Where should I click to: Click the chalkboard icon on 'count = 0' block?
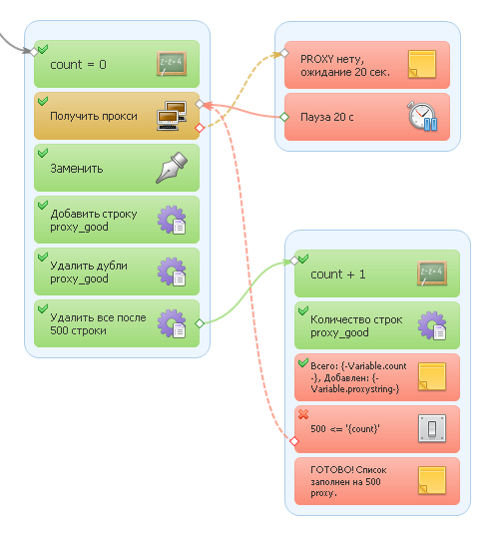(172, 64)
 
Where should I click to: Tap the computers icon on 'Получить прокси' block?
(172, 116)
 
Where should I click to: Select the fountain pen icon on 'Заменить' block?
(172, 168)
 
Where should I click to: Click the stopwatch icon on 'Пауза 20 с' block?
(422, 116)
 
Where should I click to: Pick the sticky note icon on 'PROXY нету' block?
(422, 64)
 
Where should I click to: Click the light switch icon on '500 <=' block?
(432, 428)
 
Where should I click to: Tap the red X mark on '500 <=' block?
(303, 414)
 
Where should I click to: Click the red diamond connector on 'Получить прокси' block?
(200, 128)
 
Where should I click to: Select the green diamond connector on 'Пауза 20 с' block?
(284, 117)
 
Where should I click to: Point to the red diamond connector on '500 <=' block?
(294, 441)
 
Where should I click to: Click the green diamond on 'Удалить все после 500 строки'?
(200, 323)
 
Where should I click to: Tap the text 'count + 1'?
(337, 274)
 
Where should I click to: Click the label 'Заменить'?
(77, 169)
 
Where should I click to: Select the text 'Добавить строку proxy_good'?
(94, 220)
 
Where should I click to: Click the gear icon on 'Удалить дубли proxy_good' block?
(172, 272)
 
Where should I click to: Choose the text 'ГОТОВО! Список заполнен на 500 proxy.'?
(348, 481)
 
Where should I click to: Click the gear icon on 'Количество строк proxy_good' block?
(432, 325)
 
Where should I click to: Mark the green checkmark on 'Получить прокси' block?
(43, 101)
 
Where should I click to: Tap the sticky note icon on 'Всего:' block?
(432, 376)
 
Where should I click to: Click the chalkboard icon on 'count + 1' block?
(432, 273)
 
